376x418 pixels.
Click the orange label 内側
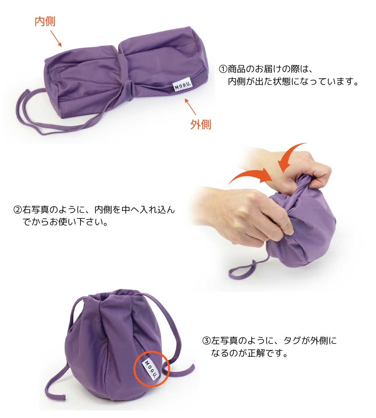click(45, 22)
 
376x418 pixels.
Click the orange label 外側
click(201, 124)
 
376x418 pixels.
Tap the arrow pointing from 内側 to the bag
click(56, 38)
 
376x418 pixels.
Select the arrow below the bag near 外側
click(190, 107)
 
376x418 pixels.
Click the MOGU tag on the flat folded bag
click(183, 86)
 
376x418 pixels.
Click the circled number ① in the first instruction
click(223, 69)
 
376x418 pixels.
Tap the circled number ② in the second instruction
click(17, 210)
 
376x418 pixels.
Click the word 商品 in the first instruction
click(237, 69)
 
